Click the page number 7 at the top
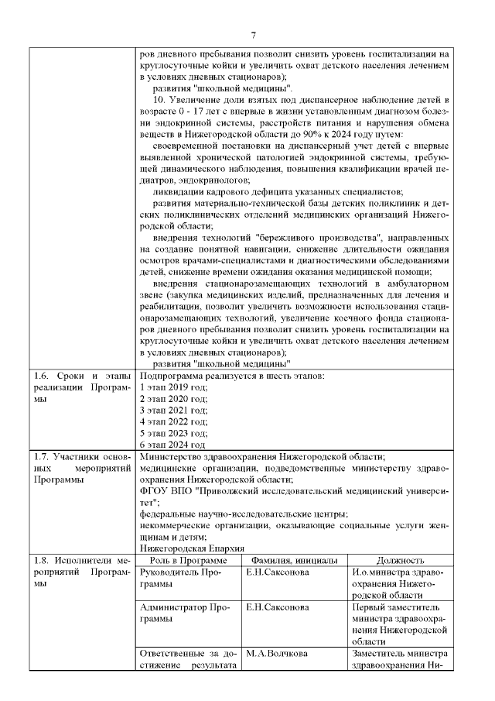point(253,34)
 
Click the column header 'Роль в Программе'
point(188,561)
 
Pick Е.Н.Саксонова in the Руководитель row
point(278,572)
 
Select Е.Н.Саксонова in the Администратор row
point(278,607)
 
